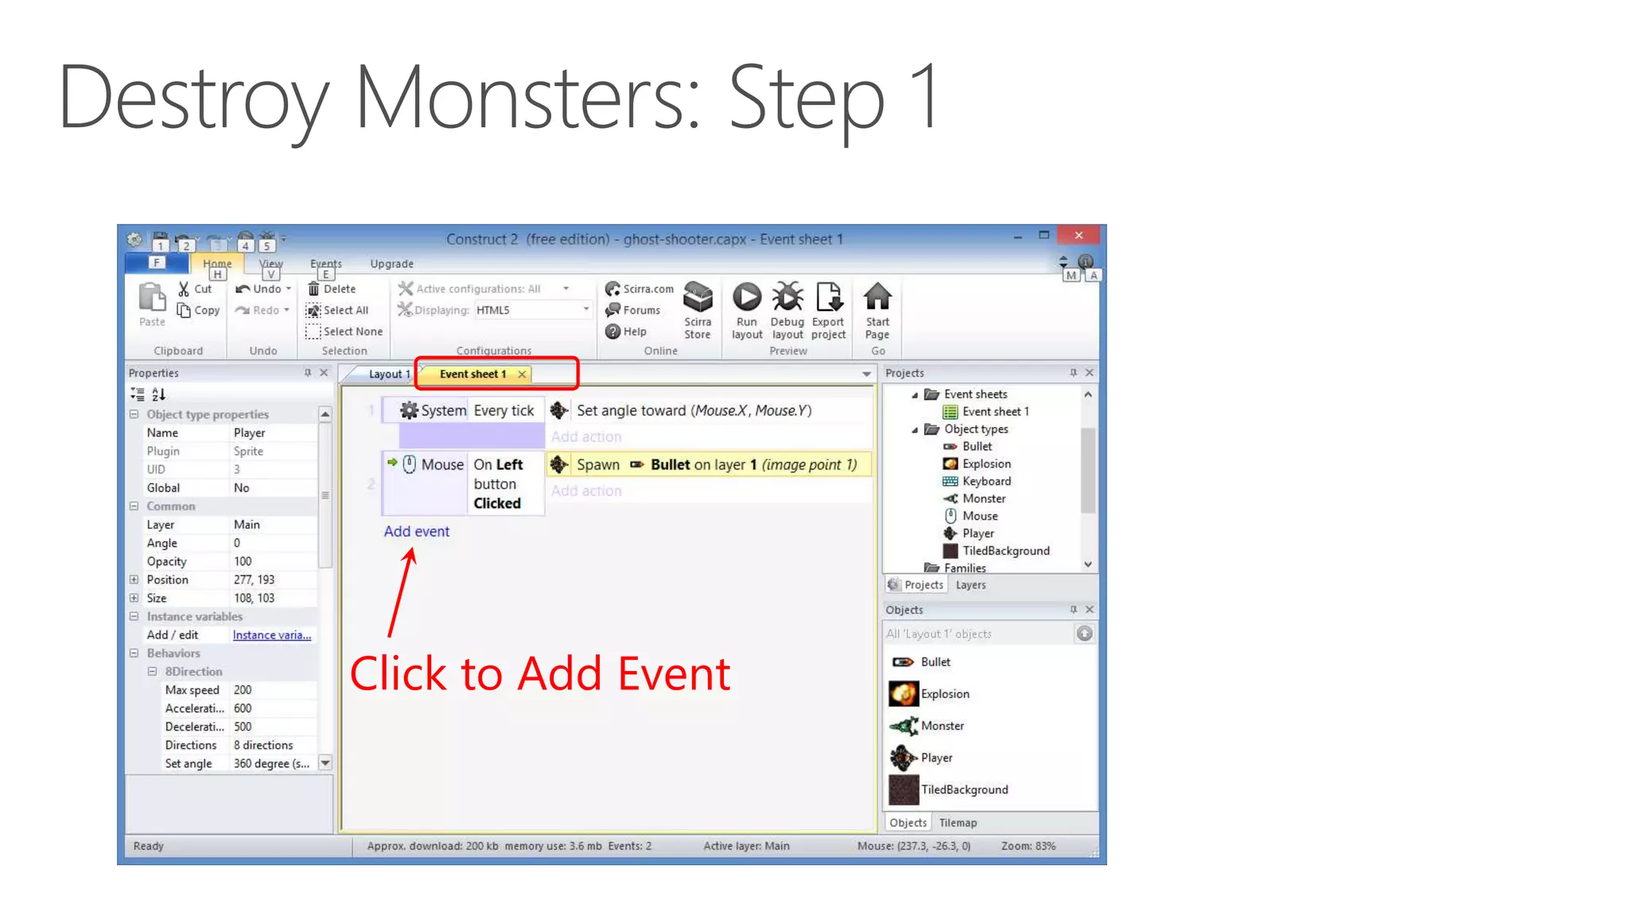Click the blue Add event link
click(416, 531)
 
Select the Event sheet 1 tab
click(472, 374)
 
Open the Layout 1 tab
click(388, 374)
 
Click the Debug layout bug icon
click(787, 297)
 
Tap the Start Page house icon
click(877, 297)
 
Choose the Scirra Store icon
click(698, 297)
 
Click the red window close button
click(1079, 235)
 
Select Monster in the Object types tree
click(984, 499)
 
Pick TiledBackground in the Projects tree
click(1005, 551)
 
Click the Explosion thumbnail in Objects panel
click(904, 694)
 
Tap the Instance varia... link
click(272, 635)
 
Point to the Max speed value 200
click(243, 690)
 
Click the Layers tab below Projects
click(970, 585)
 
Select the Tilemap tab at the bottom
click(958, 823)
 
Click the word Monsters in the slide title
click(527, 97)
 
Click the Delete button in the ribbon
click(332, 289)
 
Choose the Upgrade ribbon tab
click(391, 264)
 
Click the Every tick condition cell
click(503, 410)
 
